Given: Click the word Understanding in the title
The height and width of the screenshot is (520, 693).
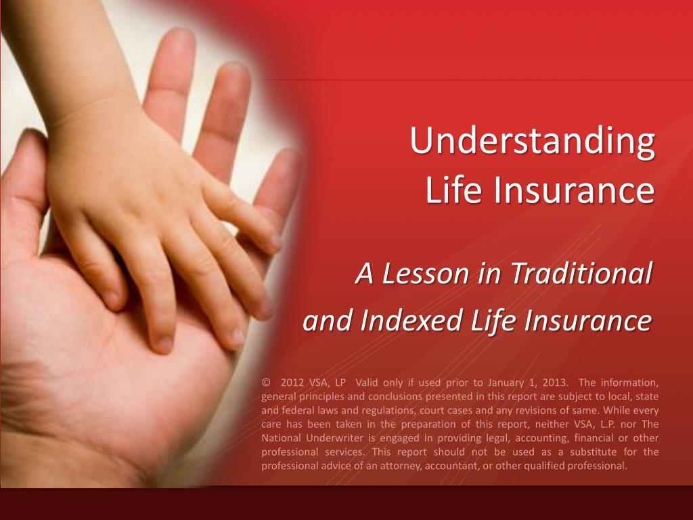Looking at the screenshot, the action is (x=532, y=141).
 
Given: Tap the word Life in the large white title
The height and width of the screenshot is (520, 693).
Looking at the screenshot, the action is (x=453, y=190).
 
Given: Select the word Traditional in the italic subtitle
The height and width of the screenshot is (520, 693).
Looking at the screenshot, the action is (x=581, y=274).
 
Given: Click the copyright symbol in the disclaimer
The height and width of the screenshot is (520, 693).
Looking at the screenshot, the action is (x=265, y=382).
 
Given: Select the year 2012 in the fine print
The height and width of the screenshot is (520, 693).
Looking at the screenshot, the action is (x=292, y=382).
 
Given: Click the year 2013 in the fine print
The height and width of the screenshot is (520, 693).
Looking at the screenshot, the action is (x=556, y=382).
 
